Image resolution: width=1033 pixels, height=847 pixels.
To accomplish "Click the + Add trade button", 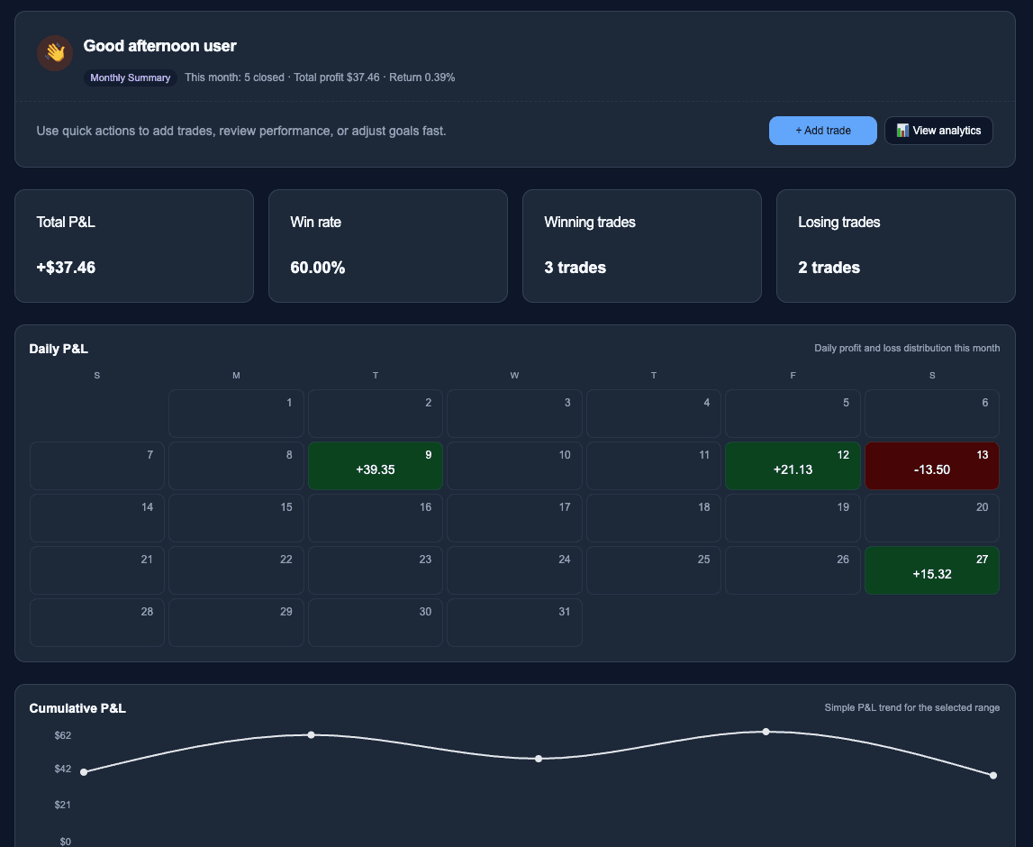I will tap(822, 131).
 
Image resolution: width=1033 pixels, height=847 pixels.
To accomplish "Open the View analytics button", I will tap(938, 131).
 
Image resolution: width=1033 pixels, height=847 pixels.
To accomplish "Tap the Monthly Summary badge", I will tap(131, 78).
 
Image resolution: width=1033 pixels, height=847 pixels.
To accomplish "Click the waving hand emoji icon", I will tap(55, 53).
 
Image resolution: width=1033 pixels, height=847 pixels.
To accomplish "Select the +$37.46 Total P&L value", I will tap(66, 268).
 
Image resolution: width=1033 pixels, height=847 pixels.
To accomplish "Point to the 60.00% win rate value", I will tap(317, 268).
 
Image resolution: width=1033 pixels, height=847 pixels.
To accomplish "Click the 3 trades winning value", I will tap(575, 268).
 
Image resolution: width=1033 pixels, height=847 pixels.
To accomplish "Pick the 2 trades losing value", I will tap(829, 268).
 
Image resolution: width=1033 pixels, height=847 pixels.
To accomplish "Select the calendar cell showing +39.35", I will tap(376, 466).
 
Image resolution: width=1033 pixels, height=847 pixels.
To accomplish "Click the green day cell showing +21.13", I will tap(793, 466).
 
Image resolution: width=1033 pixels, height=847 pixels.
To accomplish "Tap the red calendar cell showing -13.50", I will tap(932, 466).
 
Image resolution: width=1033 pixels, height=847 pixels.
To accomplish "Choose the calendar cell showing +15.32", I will tap(932, 570).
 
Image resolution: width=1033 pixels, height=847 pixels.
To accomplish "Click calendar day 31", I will tap(514, 623).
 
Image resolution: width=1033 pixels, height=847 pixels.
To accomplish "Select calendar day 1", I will tap(236, 414).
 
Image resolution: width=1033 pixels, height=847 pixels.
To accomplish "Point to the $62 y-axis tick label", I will tap(63, 735).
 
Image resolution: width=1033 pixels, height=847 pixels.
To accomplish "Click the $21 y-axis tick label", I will tap(63, 805).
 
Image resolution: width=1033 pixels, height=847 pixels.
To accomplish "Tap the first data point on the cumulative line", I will tap(84, 772).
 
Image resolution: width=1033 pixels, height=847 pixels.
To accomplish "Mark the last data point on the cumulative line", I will tap(993, 775).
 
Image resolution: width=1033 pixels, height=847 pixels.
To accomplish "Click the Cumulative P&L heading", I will tap(77, 708).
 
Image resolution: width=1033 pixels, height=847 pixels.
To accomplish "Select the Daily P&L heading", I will tap(59, 349).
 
